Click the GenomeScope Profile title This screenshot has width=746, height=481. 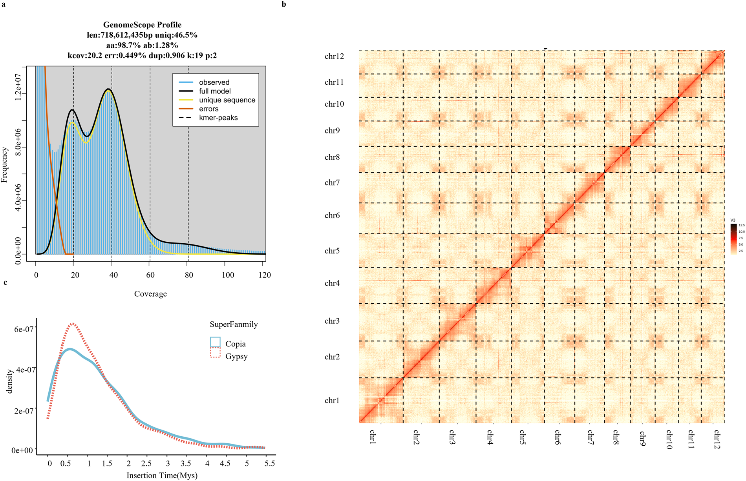coord(142,25)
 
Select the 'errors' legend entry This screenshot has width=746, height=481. coord(208,109)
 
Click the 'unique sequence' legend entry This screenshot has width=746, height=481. coord(227,100)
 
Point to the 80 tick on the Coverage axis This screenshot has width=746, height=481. coord(189,275)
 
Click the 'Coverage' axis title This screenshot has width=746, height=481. coord(150,294)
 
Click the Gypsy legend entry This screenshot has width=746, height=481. coord(236,356)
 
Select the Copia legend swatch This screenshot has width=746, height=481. coord(215,342)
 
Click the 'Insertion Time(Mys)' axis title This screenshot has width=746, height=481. coord(162,476)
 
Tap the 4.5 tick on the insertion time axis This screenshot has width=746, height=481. coord(225,463)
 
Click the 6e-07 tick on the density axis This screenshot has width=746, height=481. coord(24,329)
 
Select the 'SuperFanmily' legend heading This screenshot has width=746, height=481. coord(234,324)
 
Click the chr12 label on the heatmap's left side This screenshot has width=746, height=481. coord(334,56)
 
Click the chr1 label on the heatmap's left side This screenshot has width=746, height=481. coord(332,401)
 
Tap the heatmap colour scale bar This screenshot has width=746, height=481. coord(733,239)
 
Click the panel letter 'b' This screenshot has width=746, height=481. coord(284,5)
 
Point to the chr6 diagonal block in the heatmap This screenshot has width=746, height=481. coord(559,219)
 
